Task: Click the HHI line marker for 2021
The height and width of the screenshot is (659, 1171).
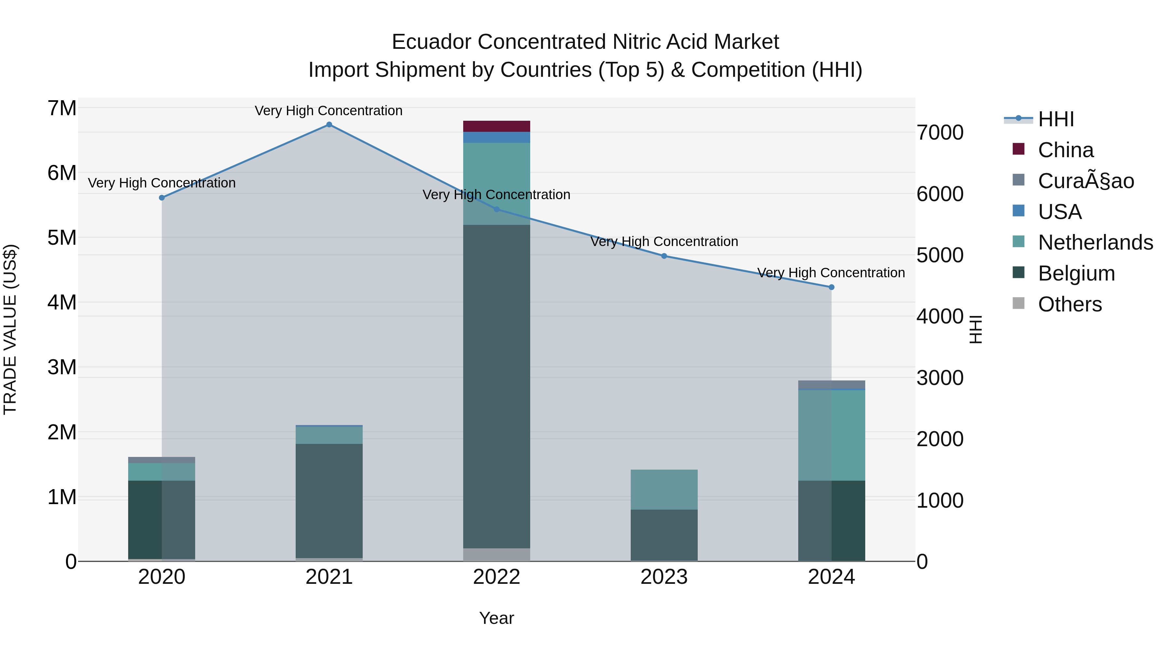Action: pos(329,125)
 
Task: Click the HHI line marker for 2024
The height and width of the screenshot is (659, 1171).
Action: pos(831,287)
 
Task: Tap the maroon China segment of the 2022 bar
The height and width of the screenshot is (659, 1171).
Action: pos(496,127)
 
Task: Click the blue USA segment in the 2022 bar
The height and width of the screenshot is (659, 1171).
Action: pos(496,137)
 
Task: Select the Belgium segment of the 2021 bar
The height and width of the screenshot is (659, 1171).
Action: pos(329,500)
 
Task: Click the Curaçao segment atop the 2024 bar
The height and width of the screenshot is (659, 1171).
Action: pos(831,385)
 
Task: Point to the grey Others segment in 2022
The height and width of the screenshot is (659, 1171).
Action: pos(496,555)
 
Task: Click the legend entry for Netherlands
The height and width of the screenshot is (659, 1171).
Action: pos(1096,242)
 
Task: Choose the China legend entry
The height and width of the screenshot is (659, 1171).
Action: pos(1066,150)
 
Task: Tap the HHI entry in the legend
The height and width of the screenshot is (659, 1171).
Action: pos(1056,119)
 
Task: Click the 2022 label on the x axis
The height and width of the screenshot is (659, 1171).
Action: pos(496,577)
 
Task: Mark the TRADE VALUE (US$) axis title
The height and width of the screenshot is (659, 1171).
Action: pos(10,329)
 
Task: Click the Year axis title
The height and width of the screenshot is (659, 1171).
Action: pos(496,618)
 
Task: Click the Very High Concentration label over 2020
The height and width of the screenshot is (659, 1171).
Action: pos(162,183)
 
